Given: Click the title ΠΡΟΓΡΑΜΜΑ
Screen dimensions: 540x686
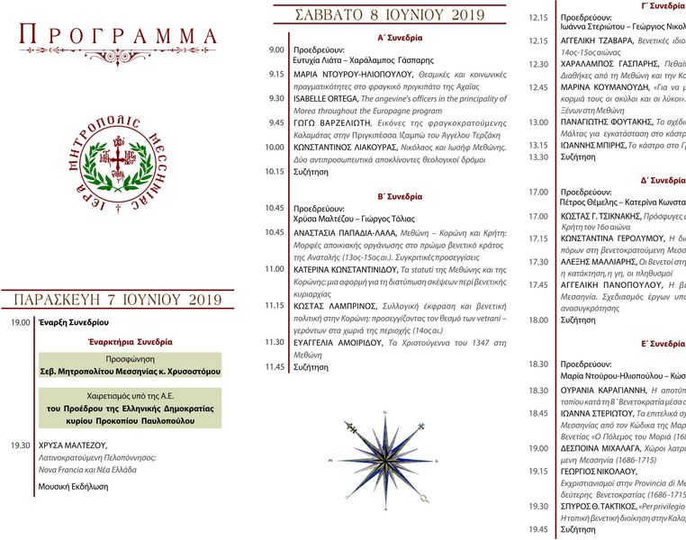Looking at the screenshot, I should click(119, 36).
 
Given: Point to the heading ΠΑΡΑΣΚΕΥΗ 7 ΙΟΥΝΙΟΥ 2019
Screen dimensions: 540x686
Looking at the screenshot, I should click(118, 299).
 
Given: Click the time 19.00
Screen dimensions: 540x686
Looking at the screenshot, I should click(21, 321).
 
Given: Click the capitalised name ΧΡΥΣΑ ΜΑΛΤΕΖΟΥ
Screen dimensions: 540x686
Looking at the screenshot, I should click(74, 445).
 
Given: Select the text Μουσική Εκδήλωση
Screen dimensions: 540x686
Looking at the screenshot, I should click(73, 486).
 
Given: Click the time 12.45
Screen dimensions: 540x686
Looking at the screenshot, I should click(538, 87).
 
